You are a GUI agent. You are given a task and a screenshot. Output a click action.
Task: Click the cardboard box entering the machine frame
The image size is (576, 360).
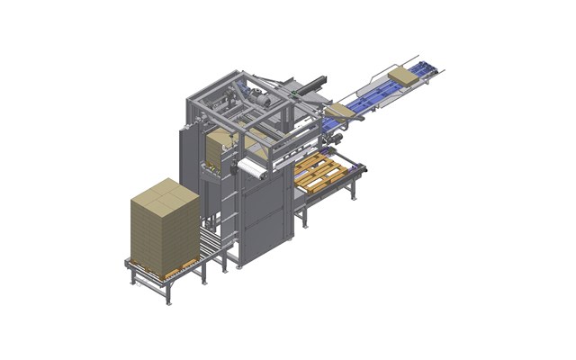click(x=338, y=111)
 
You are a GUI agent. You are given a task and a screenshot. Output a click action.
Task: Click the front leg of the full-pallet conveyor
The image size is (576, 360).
click(x=167, y=293)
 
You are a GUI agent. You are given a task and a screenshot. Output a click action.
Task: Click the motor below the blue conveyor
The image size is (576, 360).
click(x=341, y=133)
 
